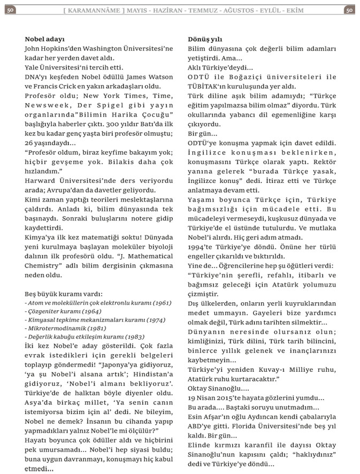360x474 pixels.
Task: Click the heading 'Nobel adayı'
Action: (44, 39)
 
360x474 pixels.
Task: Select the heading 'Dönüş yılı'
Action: (205, 39)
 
